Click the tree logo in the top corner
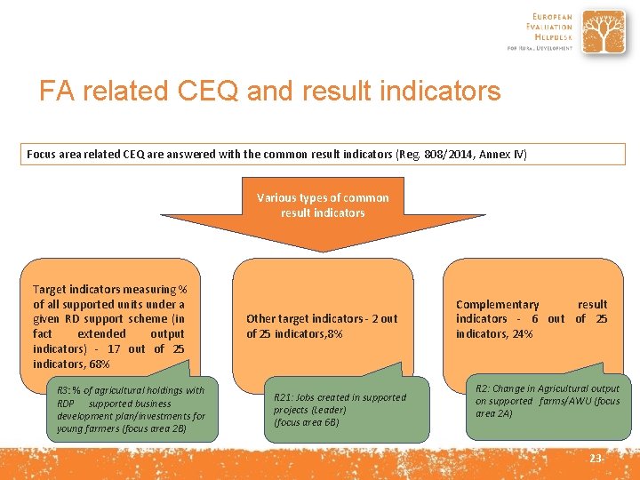tap(604, 33)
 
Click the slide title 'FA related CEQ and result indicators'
tap(269, 92)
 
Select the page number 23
tap(596, 458)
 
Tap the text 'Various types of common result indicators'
tap(323, 205)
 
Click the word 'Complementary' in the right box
tap(497, 304)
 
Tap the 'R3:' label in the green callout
tap(64, 390)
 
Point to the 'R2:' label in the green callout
tap(483, 388)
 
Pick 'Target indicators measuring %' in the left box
tap(109, 289)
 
